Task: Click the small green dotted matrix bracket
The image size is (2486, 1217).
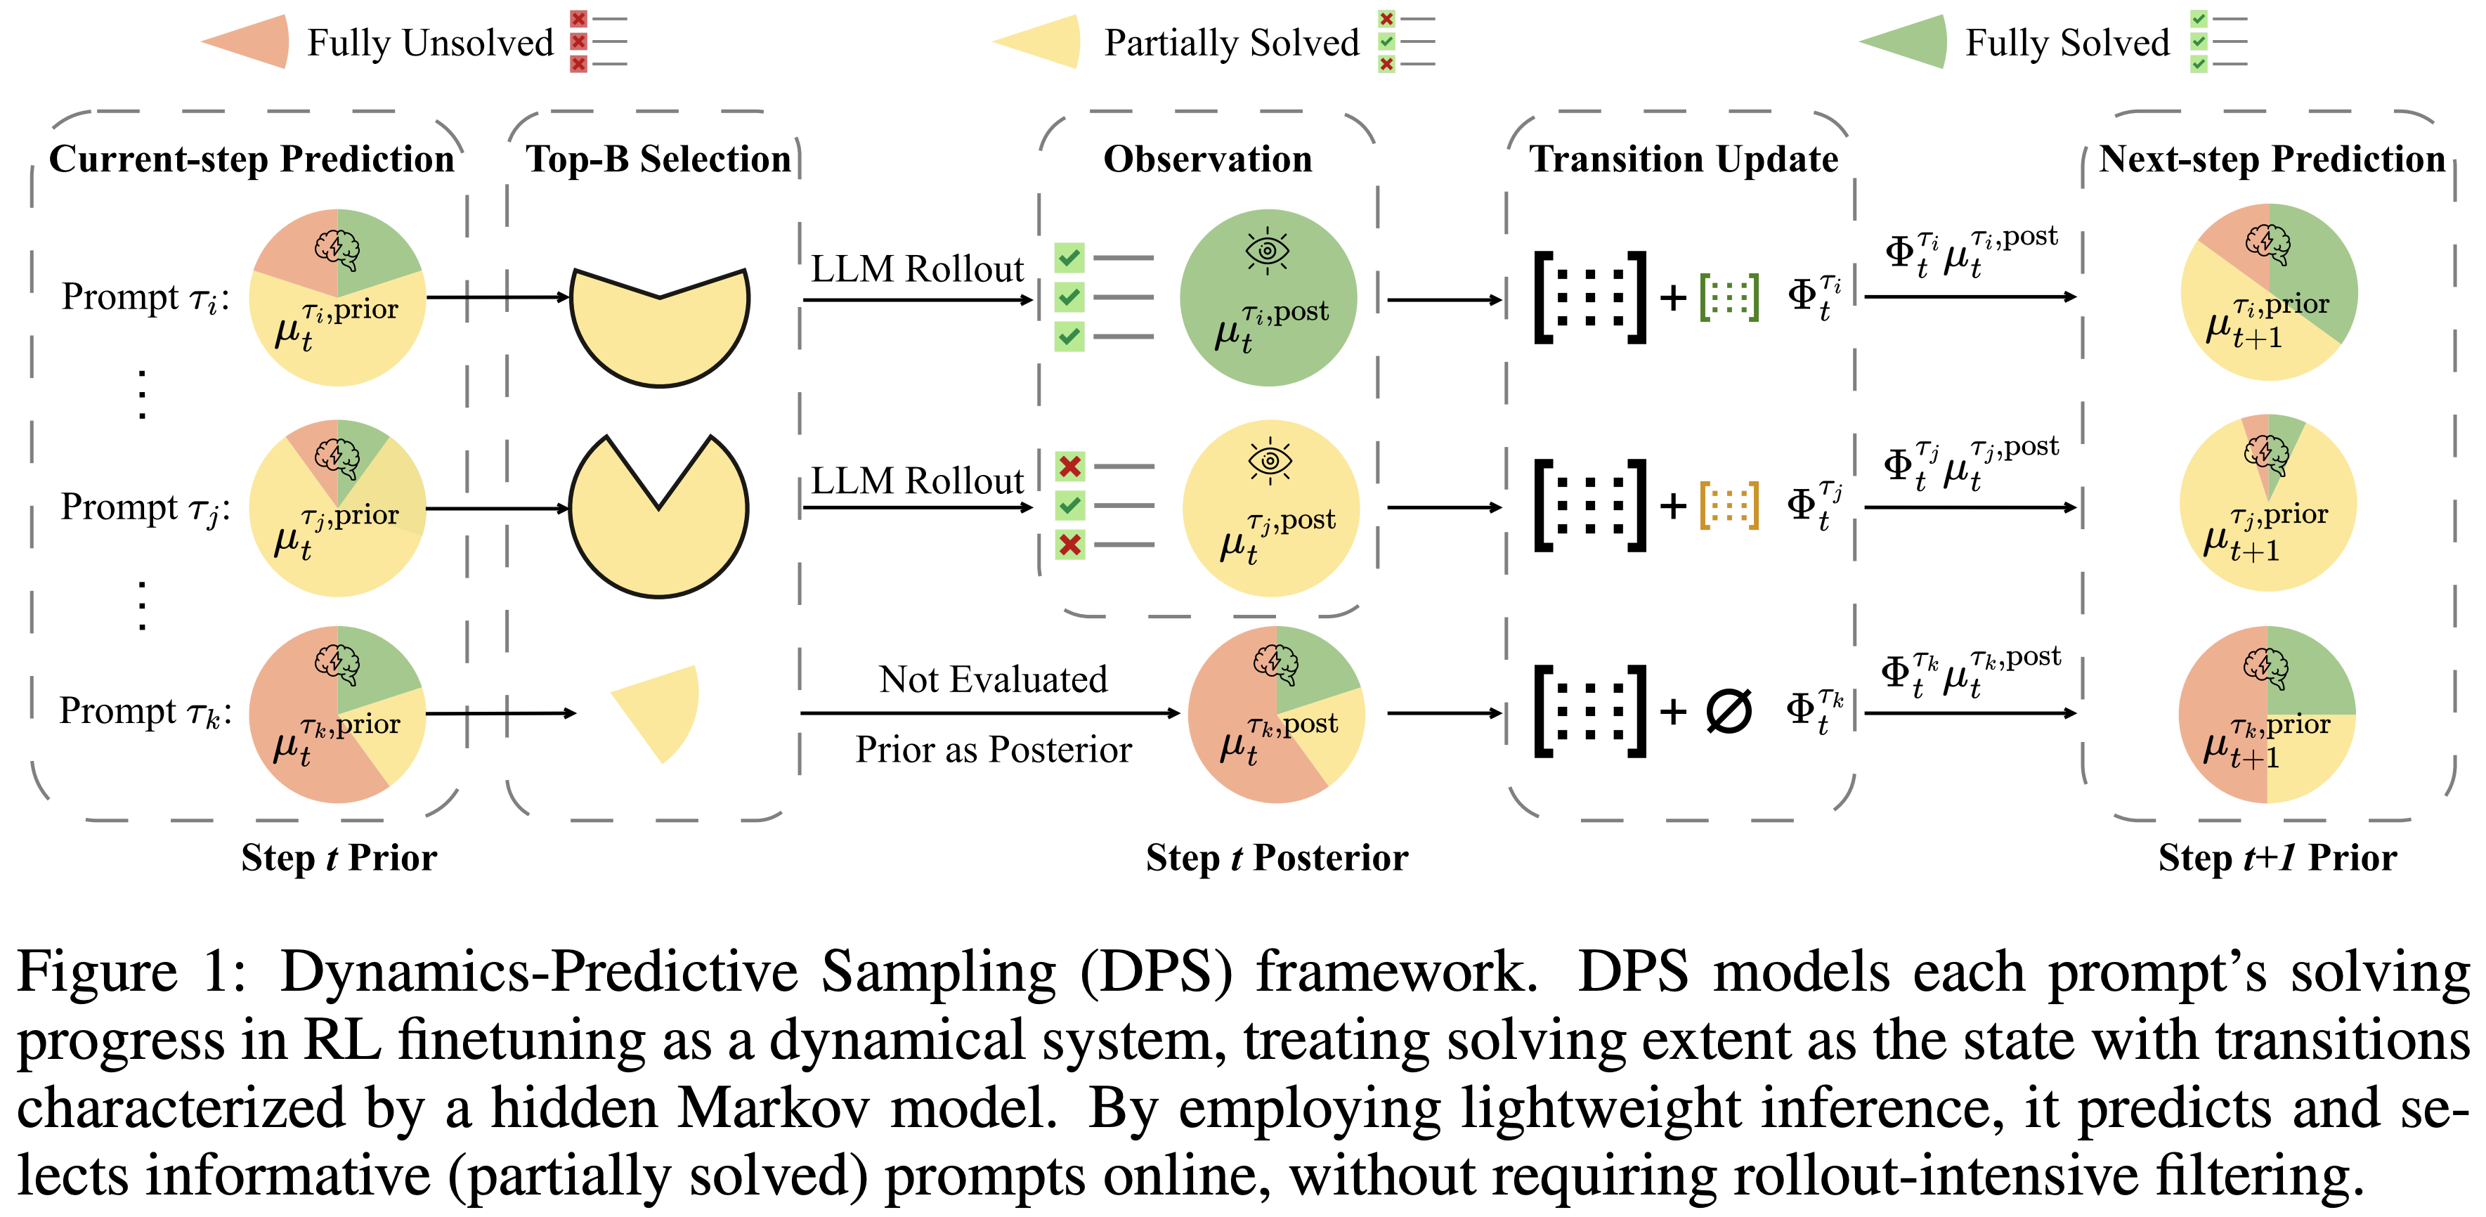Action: pyautogui.click(x=1729, y=297)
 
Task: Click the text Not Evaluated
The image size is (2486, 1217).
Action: pyautogui.click(x=993, y=679)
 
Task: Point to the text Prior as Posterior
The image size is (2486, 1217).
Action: pyautogui.click(x=993, y=750)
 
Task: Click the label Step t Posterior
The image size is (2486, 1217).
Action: pyautogui.click(x=1276, y=857)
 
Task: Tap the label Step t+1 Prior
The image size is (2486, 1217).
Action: pyautogui.click(x=2277, y=857)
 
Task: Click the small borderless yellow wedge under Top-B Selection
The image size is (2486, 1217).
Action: pyautogui.click(x=660, y=710)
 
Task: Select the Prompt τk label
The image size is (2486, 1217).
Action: pyautogui.click(x=145, y=711)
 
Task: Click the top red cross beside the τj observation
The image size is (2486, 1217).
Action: pyautogui.click(x=1069, y=467)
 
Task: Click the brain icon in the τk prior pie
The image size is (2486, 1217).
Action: pyautogui.click(x=337, y=662)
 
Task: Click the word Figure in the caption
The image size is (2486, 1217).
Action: pyautogui.click(x=96, y=971)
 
